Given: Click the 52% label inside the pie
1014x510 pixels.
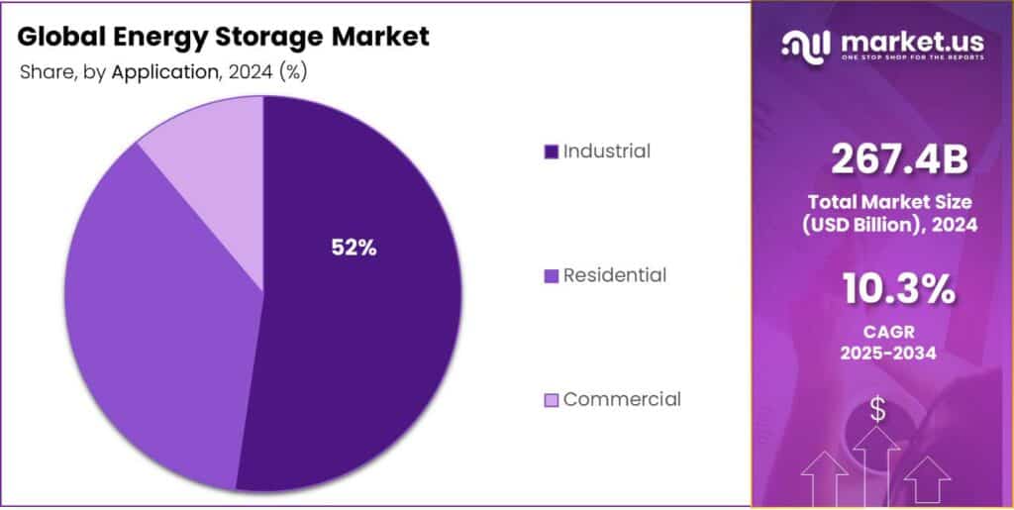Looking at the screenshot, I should point(354,249).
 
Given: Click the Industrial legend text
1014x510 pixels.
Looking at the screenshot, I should point(606,152).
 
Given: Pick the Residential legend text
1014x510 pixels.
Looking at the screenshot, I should point(614,275).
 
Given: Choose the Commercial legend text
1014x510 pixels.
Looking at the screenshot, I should point(621,399).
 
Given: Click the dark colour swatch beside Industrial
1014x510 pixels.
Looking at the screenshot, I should point(551,153).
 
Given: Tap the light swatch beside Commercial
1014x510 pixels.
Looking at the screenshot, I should point(551,400).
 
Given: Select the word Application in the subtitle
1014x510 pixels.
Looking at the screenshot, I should point(163,71).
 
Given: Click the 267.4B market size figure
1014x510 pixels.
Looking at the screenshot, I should point(888,158).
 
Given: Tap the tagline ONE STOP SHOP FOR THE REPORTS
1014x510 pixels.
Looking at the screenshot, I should point(912,57).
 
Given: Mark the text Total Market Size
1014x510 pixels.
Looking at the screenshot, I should point(888,201).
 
